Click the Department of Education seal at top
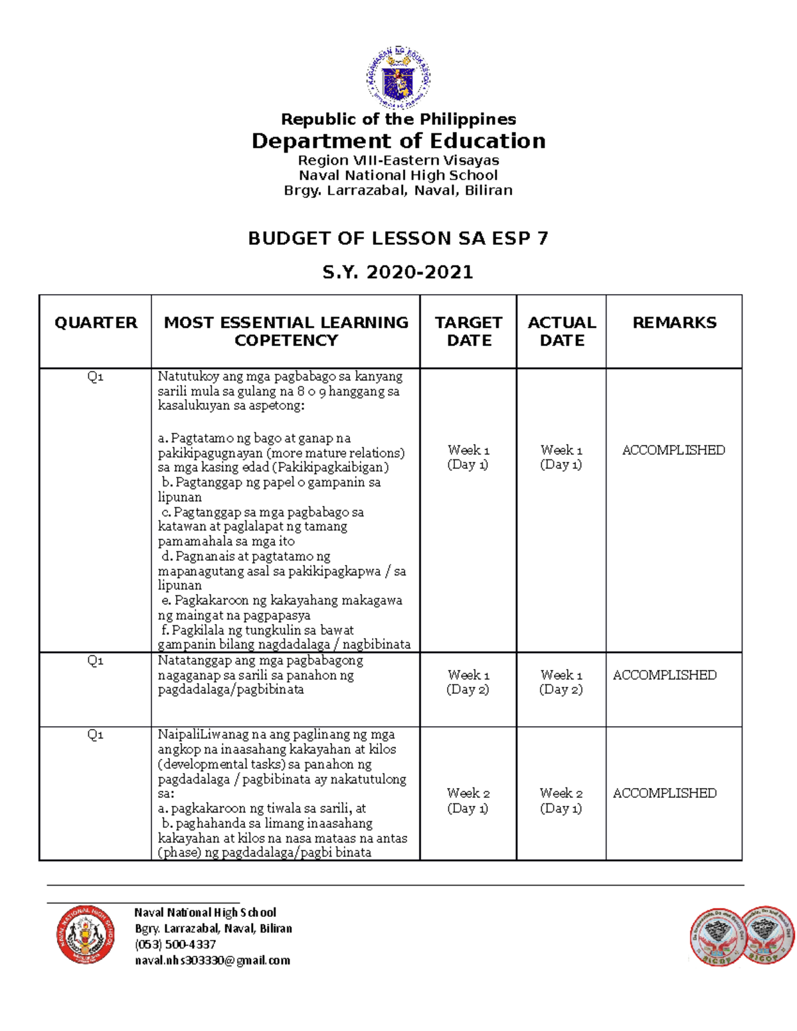[398, 78]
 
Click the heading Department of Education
[398, 141]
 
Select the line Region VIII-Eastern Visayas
[398, 160]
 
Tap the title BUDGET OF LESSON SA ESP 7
[398, 238]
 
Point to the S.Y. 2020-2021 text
[398, 272]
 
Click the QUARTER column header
[96, 323]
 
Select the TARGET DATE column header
[468, 331]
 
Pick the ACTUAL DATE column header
[562, 331]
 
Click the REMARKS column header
[674, 323]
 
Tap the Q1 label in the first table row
[95, 377]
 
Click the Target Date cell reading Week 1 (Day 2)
[468, 682]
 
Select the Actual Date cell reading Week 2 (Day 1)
[561, 800]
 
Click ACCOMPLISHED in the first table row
[673, 450]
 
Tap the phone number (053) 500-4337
[175, 944]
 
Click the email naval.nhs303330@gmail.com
[213, 960]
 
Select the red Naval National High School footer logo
[85, 935]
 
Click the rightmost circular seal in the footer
[768, 935]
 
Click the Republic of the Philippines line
[398, 119]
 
